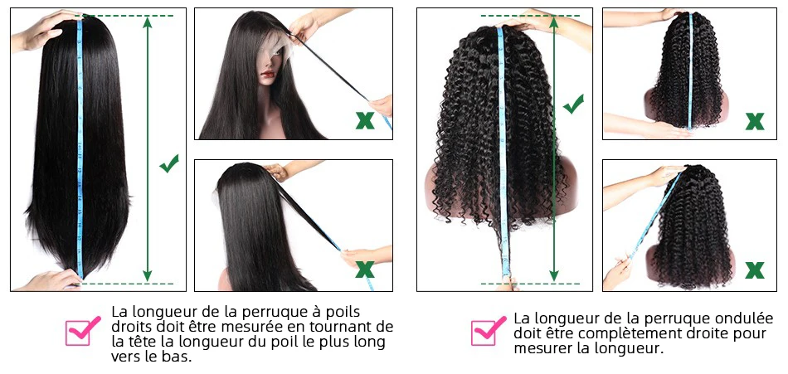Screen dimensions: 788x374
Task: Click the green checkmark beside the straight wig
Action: click(x=169, y=163)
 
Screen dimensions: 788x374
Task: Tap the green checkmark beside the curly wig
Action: click(x=573, y=104)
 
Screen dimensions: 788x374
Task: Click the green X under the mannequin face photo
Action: click(x=365, y=120)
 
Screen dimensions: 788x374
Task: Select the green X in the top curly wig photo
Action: click(x=755, y=121)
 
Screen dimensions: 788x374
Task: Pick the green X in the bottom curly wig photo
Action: click(x=755, y=270)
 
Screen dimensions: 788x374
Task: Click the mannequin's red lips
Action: click(x=267, y=75)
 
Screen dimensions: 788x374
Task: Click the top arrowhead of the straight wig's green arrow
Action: click(x=148, y=21)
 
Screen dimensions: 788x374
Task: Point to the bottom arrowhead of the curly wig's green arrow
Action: click(x=554, y=276)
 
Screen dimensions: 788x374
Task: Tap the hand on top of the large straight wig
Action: click(x=42, y=30)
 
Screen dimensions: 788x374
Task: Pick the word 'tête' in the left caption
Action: click(x=138, y=342)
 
